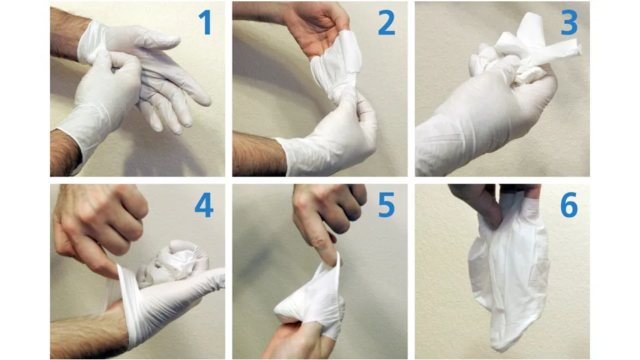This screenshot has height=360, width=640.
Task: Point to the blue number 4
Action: point(204,206)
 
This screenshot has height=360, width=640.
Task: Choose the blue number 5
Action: point(387,206)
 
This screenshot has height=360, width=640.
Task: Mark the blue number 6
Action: point(569,206)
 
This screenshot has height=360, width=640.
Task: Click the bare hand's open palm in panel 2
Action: point(313,33)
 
